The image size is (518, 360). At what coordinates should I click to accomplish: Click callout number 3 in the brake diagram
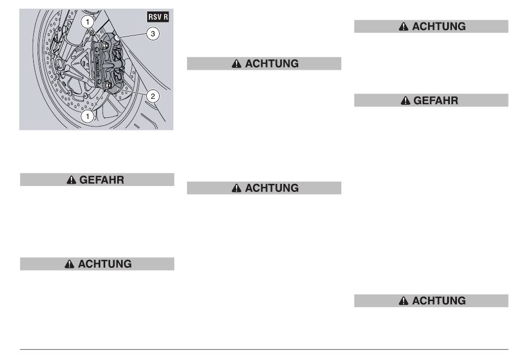(x=153, y=34)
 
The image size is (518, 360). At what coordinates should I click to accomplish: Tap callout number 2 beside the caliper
(x=153, y=96)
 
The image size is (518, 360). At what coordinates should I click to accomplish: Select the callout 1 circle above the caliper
(x=88, y=22)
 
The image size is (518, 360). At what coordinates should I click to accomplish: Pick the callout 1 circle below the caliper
(x=88, y=116)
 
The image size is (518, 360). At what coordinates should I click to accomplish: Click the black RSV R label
(x=158, y=17)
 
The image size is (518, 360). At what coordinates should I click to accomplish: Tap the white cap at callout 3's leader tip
(x=117, y=38)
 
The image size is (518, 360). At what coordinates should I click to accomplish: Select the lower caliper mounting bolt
(x=108, y=86)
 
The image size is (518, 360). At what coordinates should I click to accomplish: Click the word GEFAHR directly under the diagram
(x=102, y=180)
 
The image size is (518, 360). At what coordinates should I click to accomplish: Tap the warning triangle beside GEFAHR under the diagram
(x=71, y=180)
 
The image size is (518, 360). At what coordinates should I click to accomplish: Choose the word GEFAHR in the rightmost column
(x=436, y=100)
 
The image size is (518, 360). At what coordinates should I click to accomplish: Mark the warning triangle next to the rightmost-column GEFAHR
(x=405, y=100)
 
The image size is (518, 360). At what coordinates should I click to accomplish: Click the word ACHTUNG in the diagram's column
(x=105, y=264)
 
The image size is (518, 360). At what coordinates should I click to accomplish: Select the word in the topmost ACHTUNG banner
(x=439, y=26)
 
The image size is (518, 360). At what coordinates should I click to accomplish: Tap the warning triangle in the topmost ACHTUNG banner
(x=403, y=26)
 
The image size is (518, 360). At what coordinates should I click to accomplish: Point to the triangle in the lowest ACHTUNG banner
(x=403, y=301)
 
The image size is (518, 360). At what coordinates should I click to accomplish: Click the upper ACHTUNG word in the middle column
(x=272, y=63)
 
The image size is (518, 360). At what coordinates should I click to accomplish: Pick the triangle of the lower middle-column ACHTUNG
(x=236, y=188)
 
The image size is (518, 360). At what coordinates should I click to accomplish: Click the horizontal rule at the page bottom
(x=264, y=349)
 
